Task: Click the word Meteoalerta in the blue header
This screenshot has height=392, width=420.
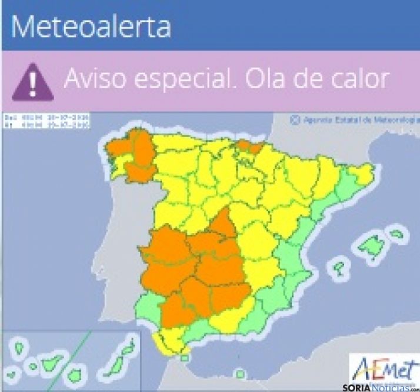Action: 91,26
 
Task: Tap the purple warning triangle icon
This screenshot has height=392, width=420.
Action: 32,82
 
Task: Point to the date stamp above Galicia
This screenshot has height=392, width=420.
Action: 46,121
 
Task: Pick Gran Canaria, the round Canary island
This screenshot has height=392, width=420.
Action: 75,373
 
